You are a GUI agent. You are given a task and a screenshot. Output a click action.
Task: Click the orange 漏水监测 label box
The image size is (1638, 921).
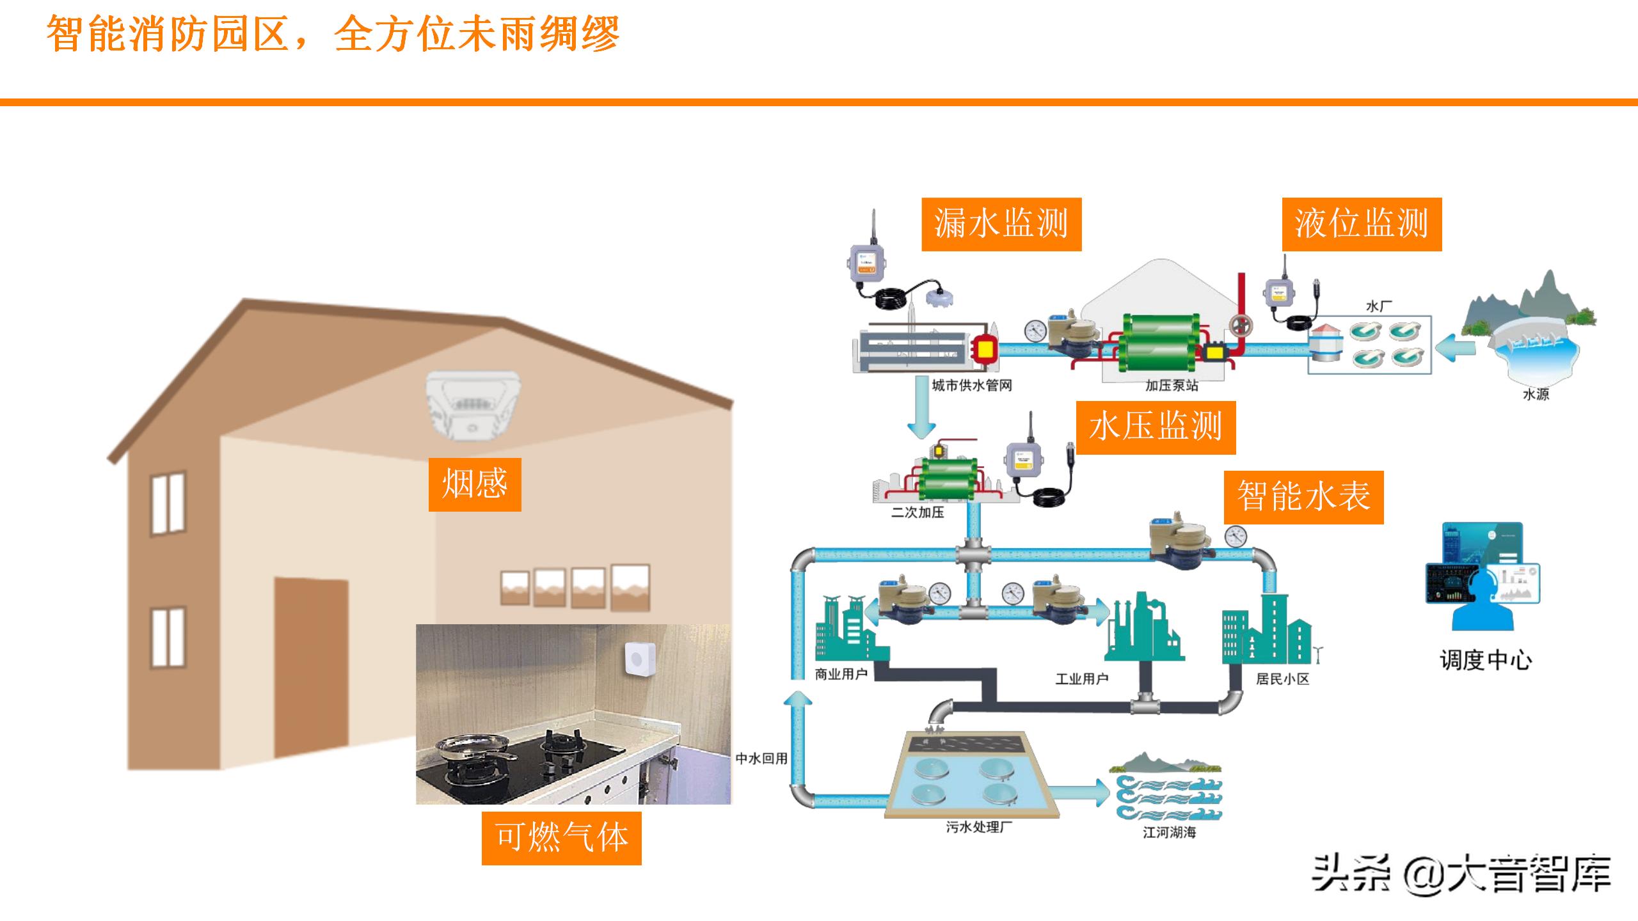[x=1001, y=224]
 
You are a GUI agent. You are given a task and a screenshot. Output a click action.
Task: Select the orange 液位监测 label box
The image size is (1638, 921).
[x=1362, y=224]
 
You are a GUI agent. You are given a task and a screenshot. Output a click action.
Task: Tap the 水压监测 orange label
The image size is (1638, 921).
[x=1156, y=427]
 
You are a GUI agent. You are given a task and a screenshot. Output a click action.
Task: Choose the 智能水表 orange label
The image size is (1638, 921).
[x=1303, y=497]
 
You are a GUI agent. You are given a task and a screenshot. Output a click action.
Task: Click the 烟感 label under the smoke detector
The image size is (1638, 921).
[x=475, y=484]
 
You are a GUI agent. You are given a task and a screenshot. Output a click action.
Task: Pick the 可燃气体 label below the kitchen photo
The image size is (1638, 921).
[x=561, y=838]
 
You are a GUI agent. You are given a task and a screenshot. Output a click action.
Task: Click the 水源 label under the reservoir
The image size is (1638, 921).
[x=1535, y=395]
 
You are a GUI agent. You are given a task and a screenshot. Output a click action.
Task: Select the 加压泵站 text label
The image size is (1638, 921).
[x=1172, y=386]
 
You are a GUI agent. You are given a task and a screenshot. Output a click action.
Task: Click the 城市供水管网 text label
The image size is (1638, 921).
[x=971, y=386]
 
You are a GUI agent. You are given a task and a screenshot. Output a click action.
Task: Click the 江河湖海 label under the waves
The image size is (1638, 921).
[x=1169, y=833]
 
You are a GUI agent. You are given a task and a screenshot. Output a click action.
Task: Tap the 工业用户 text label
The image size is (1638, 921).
[x=1081, y=679]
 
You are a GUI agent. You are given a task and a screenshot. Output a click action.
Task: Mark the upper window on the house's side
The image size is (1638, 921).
[x=168, y=504]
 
